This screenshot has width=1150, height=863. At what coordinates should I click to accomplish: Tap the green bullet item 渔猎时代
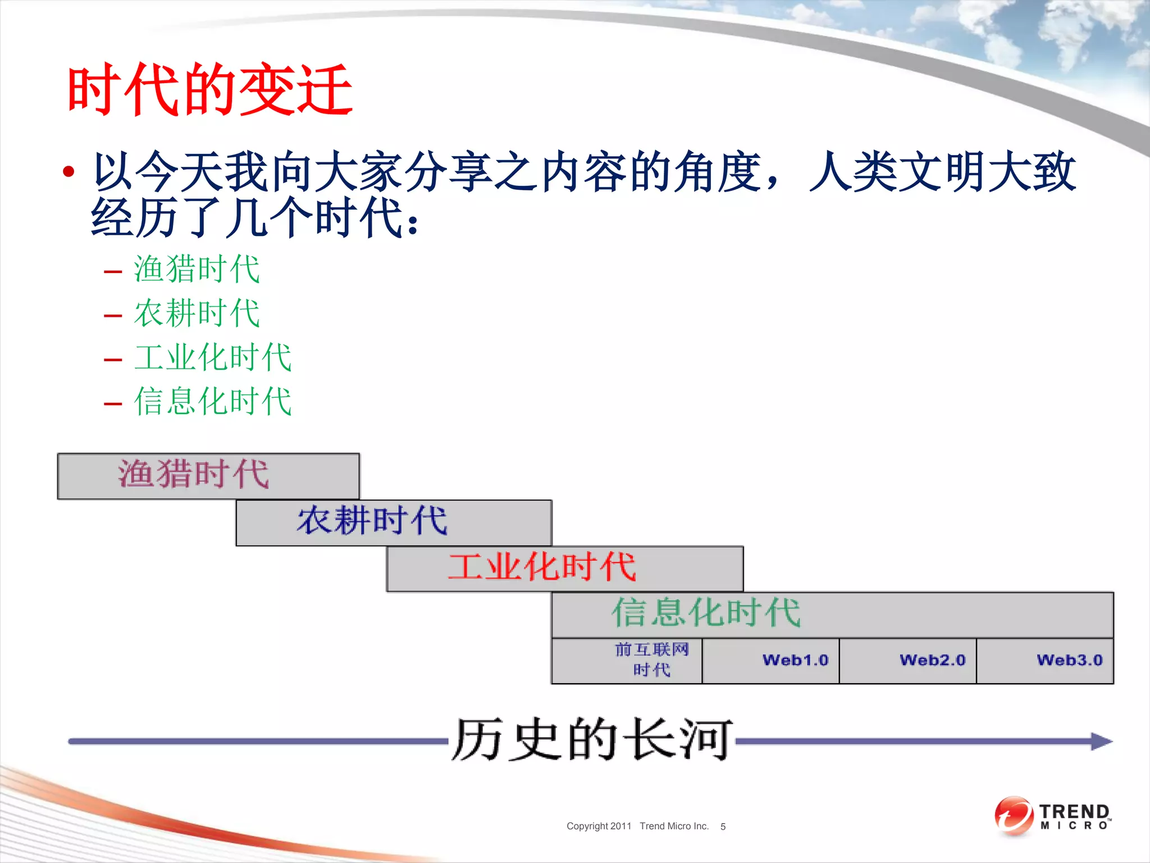pyautogui.click(x=197, y=269)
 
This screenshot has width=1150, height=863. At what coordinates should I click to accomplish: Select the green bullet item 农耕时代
pyautogui.click(x=197, y=313)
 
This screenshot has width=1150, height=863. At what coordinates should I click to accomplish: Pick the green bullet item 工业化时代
pyautogui.click(x=213, y=357)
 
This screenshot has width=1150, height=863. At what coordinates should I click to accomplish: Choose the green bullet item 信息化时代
pyautogui.click(x=213, y=401)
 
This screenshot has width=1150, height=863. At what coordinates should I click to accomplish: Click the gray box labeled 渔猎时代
pyautogui.click(x=208, y=475)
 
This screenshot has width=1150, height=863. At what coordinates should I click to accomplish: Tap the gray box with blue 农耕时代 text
pyautogui.click(x=393, y=522)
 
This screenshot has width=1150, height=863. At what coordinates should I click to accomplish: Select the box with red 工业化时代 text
pyautogui.click(x=564, y=568)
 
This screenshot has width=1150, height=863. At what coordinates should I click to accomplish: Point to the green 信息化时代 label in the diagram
pyautogui.click(x=706, y=612)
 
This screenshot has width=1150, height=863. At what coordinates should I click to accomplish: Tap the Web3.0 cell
pyautogui.click(x=1069, y=660)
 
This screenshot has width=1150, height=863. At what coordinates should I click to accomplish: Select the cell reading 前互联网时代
pyautogui.click(x=651, y=660)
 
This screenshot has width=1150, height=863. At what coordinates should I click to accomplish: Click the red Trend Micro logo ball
pyautogui.click(x=1013, y=816)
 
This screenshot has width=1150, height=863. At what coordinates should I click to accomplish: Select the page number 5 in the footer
pyautogui.click(x=723, y=827)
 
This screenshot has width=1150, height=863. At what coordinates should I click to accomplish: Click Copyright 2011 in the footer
pyautogui.click(x=599, y=826)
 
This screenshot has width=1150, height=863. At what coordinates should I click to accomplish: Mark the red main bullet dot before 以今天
pyautogui.click(x=69, y=171)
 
